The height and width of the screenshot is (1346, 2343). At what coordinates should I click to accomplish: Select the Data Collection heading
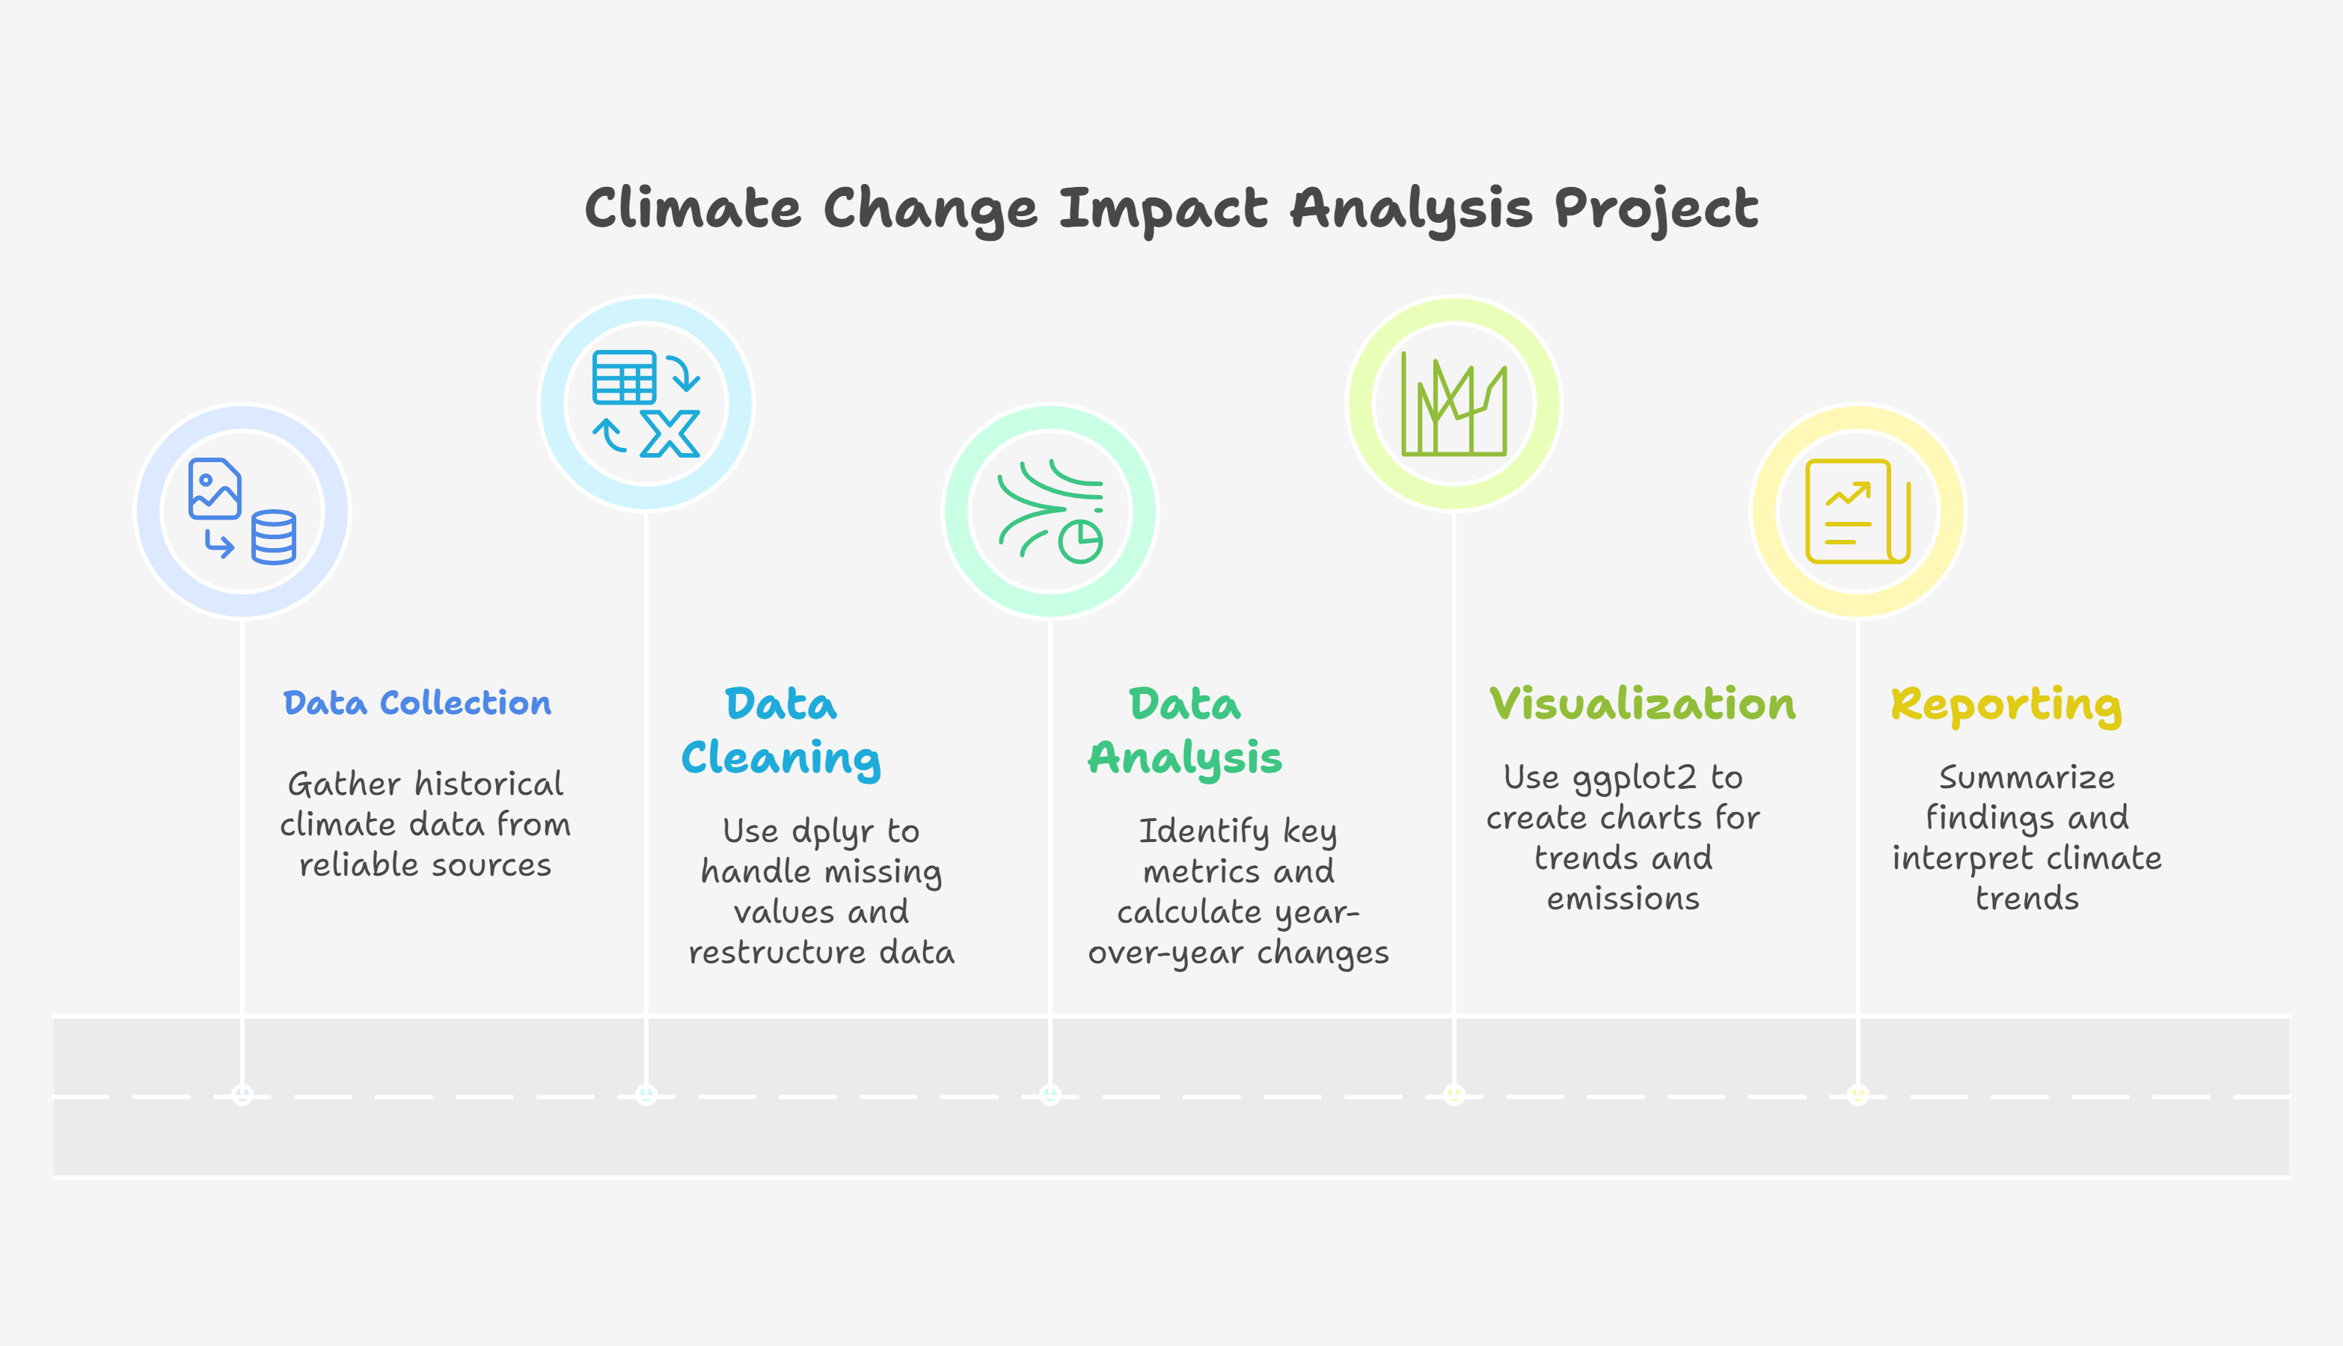(417, 703)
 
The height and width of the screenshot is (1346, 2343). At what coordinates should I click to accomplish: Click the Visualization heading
(1642, 704)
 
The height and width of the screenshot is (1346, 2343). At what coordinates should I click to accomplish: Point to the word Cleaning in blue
(781, 759)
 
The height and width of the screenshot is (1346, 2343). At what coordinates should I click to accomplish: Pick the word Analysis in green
(1186, 759)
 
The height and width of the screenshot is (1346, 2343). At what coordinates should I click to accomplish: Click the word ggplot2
(1635, 778)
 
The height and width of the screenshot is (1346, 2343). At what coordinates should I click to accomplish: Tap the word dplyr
(832, 832)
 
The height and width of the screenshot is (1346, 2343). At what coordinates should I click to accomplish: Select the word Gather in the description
(344, 784)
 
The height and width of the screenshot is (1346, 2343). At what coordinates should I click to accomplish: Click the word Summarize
(2027, 778)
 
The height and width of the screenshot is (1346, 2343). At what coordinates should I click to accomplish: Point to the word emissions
(1623, 899)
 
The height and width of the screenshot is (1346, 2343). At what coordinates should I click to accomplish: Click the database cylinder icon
(274, 537)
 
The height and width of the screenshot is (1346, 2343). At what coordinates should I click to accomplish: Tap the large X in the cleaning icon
(670, 434)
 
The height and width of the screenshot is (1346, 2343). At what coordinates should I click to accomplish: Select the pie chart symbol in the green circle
(1080, 541)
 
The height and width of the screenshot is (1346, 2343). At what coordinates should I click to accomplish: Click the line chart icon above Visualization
(1454, 403)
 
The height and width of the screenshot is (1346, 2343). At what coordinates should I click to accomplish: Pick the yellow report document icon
(1858, 511)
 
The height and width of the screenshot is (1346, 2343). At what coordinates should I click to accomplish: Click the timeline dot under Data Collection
(242, 1095)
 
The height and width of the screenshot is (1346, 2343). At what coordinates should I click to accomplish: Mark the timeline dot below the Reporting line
(1857, 1095)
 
